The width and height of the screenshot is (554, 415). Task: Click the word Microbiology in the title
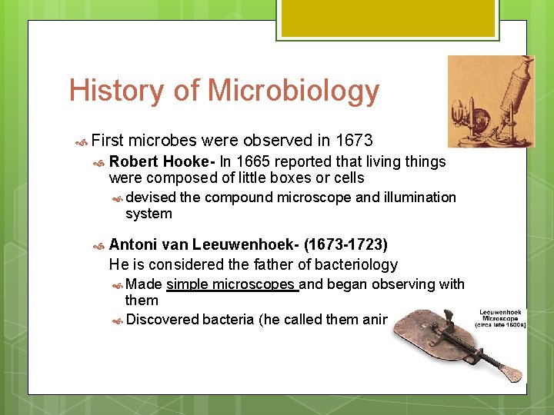[294, 91]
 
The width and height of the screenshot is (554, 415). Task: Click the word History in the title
[115, 91]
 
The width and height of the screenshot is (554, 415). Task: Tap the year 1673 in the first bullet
[355, 141]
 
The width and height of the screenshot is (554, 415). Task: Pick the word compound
[239, 198]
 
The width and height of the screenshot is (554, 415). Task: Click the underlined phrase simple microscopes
[232, 284]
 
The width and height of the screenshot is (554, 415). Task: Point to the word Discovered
[162, 319]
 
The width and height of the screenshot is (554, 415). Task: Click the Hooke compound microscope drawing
[490, 101]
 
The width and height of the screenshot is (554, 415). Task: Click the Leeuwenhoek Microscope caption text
[501, 318]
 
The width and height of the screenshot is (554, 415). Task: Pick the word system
[149, 214]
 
